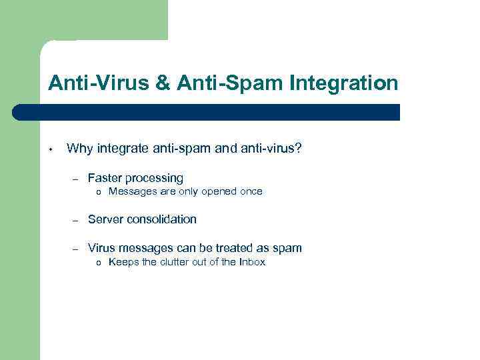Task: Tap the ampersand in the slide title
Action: (163, 83)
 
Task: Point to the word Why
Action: (80, 148)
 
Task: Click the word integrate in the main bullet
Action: (123, 148)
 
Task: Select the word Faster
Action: (105, 178)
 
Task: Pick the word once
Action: (251, 192)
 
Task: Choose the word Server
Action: (105, 219)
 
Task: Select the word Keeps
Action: (123, 263)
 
